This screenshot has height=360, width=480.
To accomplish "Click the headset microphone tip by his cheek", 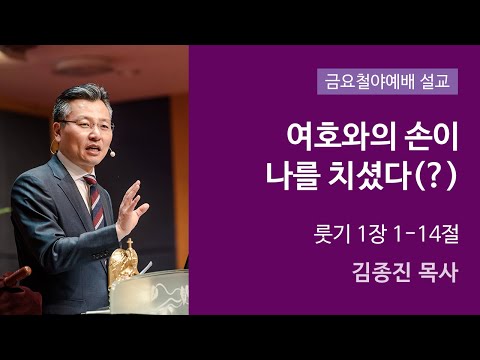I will pyautogui.click(x=113, y=154).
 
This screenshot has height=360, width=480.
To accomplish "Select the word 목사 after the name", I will pyautogui.click(x=436, y=272).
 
